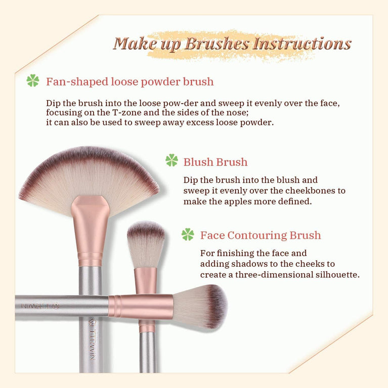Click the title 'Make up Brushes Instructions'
coord(232,44)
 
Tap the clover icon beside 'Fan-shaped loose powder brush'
coord(33,81)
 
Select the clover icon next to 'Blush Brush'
coord(171,161)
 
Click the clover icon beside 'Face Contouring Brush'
coord(188,235)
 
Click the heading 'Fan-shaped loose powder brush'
coord(130,81)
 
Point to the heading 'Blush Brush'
coord(215,162)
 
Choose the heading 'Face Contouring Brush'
coord(260,235)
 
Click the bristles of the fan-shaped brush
coord(89,172)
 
